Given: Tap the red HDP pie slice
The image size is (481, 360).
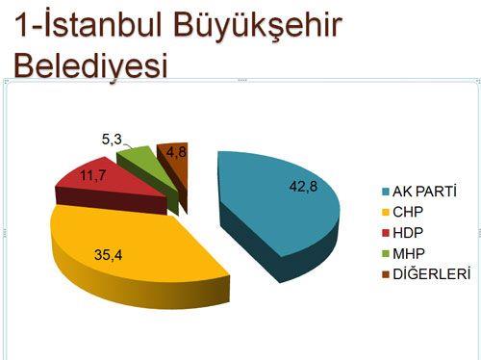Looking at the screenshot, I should pyautogui.click(x=106, y=183).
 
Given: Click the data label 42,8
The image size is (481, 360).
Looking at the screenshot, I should pyautogui.click(x=303, y=186).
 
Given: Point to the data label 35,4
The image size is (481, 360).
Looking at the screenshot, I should pyautogui.click(x=108, y=256).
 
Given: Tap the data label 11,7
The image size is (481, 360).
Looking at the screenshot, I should pyautogui.click(x=92, y=175).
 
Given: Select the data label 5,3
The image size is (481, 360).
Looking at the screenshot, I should pyautogui.click(x=111, y=140).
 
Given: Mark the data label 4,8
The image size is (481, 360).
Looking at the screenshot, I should pyautogui.click(x=175, y=152).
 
